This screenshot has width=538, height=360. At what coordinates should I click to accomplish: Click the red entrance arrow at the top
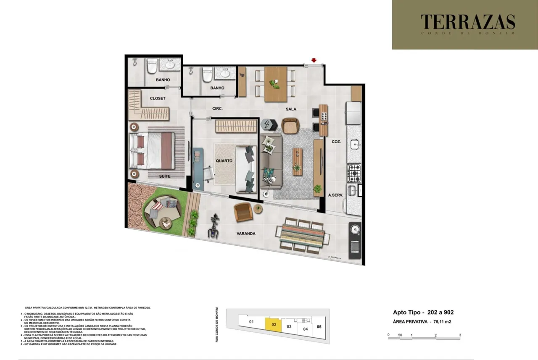(x=314, y=60)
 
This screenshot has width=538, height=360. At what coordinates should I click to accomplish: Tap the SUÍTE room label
(x=165, y=176)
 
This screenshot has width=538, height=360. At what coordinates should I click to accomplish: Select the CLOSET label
(x=158, y=98)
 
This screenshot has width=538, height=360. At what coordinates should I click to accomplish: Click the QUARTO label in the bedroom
(x=224, y=161)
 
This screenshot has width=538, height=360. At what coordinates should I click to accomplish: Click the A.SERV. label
(x=336, y=195)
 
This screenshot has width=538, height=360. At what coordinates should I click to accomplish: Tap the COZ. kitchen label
(x=336, y=142)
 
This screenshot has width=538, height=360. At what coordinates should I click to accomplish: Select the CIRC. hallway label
(x=217, y=108)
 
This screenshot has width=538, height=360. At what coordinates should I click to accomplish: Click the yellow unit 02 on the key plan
(x=273, y=325)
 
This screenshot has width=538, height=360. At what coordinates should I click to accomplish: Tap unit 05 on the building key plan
(x=319, y=326)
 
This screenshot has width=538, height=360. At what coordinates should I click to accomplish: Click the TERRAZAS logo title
(x=468, y=22)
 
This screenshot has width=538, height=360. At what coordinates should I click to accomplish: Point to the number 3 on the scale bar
(x=460, y=335)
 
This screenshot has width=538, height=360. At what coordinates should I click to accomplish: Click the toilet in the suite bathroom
(x=152, y=66)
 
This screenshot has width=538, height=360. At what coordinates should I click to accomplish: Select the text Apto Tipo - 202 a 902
(x=423, y=312)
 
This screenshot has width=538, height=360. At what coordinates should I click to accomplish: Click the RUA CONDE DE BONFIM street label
(x=217, y=324)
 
